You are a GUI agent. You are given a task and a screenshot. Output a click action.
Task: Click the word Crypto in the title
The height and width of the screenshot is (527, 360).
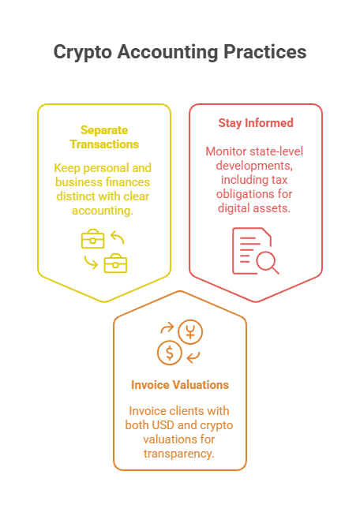pos(83,52)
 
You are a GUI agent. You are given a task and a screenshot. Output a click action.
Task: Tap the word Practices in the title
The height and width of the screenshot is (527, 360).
pos(265,52)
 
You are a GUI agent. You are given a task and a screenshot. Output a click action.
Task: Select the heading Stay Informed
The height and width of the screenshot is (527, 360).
pos(256,123)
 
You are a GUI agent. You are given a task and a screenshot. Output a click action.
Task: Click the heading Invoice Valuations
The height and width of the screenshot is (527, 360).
pos(180,385)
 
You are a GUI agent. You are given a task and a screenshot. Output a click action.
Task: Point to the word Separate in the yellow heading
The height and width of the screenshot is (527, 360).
pos(104,130)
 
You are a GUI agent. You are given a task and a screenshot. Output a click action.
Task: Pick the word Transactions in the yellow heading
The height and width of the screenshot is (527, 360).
pos(104,144)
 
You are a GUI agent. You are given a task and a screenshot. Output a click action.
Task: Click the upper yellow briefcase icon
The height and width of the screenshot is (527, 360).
pos(93,239)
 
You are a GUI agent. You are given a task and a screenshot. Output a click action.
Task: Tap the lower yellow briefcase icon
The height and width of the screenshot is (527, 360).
pos(115,263)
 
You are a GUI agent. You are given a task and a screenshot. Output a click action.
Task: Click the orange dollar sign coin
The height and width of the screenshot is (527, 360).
pos(170,353)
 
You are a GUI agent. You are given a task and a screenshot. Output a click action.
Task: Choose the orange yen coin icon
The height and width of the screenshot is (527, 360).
pos(190,332)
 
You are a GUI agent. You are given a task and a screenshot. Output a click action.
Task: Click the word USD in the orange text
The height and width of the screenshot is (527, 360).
pos(163,425)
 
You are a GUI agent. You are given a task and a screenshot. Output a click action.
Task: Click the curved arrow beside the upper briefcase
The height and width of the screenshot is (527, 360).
pos(118,237)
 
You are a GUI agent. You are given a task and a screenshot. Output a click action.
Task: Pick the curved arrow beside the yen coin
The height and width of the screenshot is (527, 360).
pos(167,327)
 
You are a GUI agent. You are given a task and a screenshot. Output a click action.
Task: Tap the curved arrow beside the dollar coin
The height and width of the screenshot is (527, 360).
pos(193,357)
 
